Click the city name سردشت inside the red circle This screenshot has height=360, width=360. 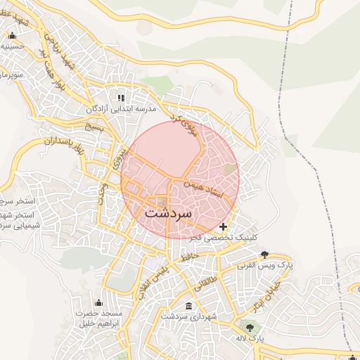[172, 212]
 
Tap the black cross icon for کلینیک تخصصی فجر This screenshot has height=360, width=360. [224, 226]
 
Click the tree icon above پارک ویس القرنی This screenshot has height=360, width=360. [264, 255]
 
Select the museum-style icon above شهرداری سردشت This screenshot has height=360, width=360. [188, 306]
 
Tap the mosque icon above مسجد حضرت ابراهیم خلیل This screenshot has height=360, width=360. [98, 302]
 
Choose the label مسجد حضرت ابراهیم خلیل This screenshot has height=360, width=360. [98, 319]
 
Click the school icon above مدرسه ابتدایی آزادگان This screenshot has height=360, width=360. [121, 98]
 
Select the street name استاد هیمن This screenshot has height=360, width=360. [203, 187]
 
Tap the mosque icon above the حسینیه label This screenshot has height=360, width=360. [12, 36]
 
